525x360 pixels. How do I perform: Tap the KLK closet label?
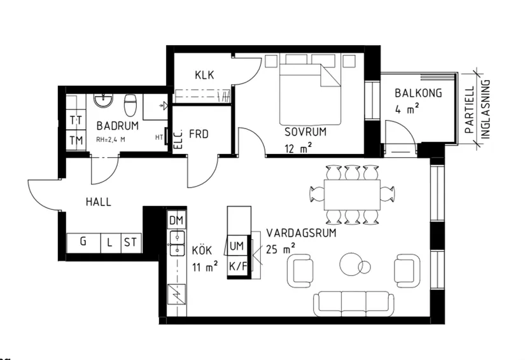point(204,75)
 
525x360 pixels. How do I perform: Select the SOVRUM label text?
point(305,132)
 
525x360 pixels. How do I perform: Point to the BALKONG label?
point(418,93)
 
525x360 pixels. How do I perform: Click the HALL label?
point(98,202)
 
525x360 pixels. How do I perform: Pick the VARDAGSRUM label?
point(301,233)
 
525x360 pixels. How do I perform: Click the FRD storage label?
point(199,135)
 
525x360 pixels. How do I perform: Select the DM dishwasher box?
point(176,221)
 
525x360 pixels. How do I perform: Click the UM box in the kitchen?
point(237,246)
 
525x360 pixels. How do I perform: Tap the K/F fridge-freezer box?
point(237,267)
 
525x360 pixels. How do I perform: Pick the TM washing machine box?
point(76,140)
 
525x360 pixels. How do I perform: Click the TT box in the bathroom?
point(76,120)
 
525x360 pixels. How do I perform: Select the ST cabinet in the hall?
point(131,242)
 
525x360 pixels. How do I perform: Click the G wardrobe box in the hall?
point(83,242)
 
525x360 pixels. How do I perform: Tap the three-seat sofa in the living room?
point(354,303)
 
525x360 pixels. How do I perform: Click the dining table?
point(352,194)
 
